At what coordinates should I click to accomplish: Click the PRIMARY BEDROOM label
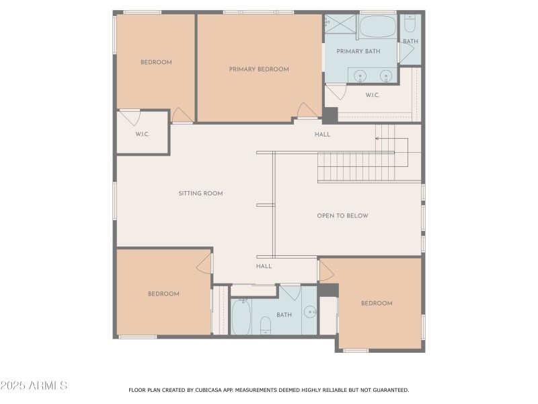click(x=259, y=69)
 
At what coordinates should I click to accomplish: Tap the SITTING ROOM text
click(x=200, y=193)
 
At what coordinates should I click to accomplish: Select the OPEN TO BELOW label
click(x=342, y=216)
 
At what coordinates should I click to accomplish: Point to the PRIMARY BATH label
click(x=358, y=52)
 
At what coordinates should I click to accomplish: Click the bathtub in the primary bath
click(x=377, y=28)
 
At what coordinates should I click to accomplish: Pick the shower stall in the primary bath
click(x=340, y=24)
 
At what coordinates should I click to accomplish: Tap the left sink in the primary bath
click(x=360, y=75)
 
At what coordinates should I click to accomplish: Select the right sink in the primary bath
click(x=385, y=75)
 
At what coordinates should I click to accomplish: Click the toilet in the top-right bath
click(x=410, y=24)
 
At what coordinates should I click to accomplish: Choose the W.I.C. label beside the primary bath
click(x=373, y=95)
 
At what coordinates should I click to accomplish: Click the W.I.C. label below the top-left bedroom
click(x=142, y=134)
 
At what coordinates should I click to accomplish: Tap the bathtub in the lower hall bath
click(x=242, y=316)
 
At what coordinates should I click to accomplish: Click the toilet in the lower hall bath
click(x=265, y=325)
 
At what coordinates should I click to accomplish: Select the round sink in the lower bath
click(x=309, y=311)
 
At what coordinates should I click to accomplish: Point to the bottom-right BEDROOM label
click(x=377, y=303)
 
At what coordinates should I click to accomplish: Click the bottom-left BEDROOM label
click(x=163, y=294)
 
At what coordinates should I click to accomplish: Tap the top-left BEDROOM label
click(x=156, y=63)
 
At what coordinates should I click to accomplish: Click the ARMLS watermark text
click(x=34, y=386)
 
